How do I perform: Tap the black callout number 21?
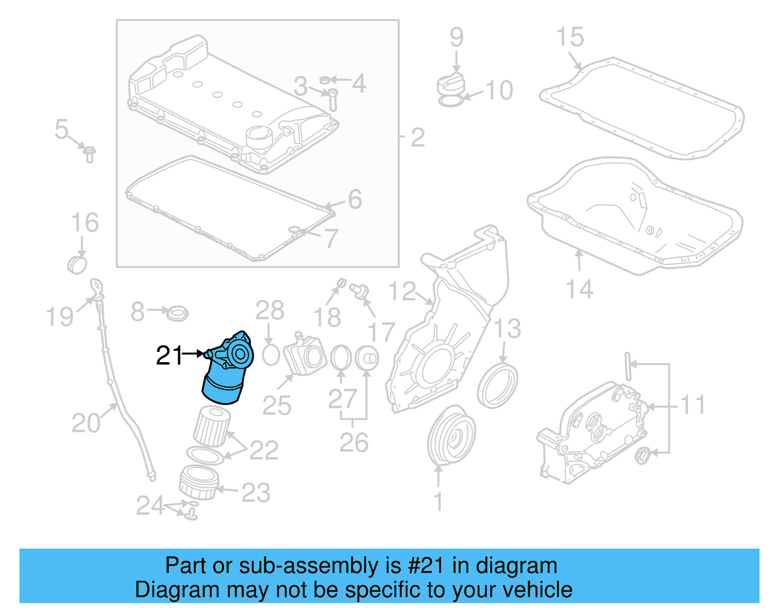[x=169, y=355]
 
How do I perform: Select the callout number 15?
[x=570, y=37]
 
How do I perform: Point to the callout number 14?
[x=579, y=289]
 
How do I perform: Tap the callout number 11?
[x=692, y=405]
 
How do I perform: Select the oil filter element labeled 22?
[x=212, y=426]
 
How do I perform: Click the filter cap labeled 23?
[x=199, y=482]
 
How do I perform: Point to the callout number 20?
[x=86, y=423]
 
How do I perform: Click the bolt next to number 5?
[x=89, y=154]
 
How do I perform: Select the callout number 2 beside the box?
[x=418, y=138]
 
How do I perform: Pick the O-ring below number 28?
[x=271, y=355]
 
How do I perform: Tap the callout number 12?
[x=402, y=292]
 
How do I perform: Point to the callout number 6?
[x=355, y=199]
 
